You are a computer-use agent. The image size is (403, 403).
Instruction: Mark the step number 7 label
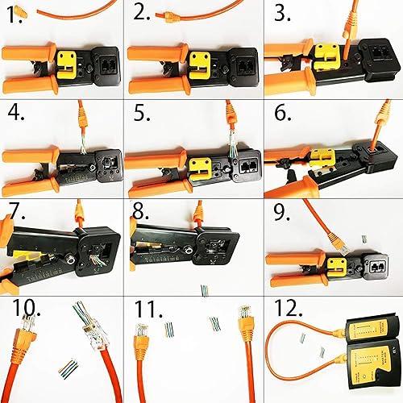tap(14, 212)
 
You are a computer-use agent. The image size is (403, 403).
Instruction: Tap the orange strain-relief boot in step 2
tap(164, 15)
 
